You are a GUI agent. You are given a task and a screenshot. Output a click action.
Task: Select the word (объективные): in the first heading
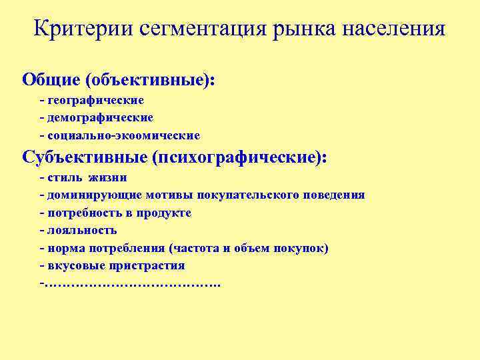coord(150,79)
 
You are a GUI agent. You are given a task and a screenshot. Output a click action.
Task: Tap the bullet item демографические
coord(100,117)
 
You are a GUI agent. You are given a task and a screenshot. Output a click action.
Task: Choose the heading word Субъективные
coord(84,159)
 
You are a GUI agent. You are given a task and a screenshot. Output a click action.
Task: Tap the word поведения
coord(333,195)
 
